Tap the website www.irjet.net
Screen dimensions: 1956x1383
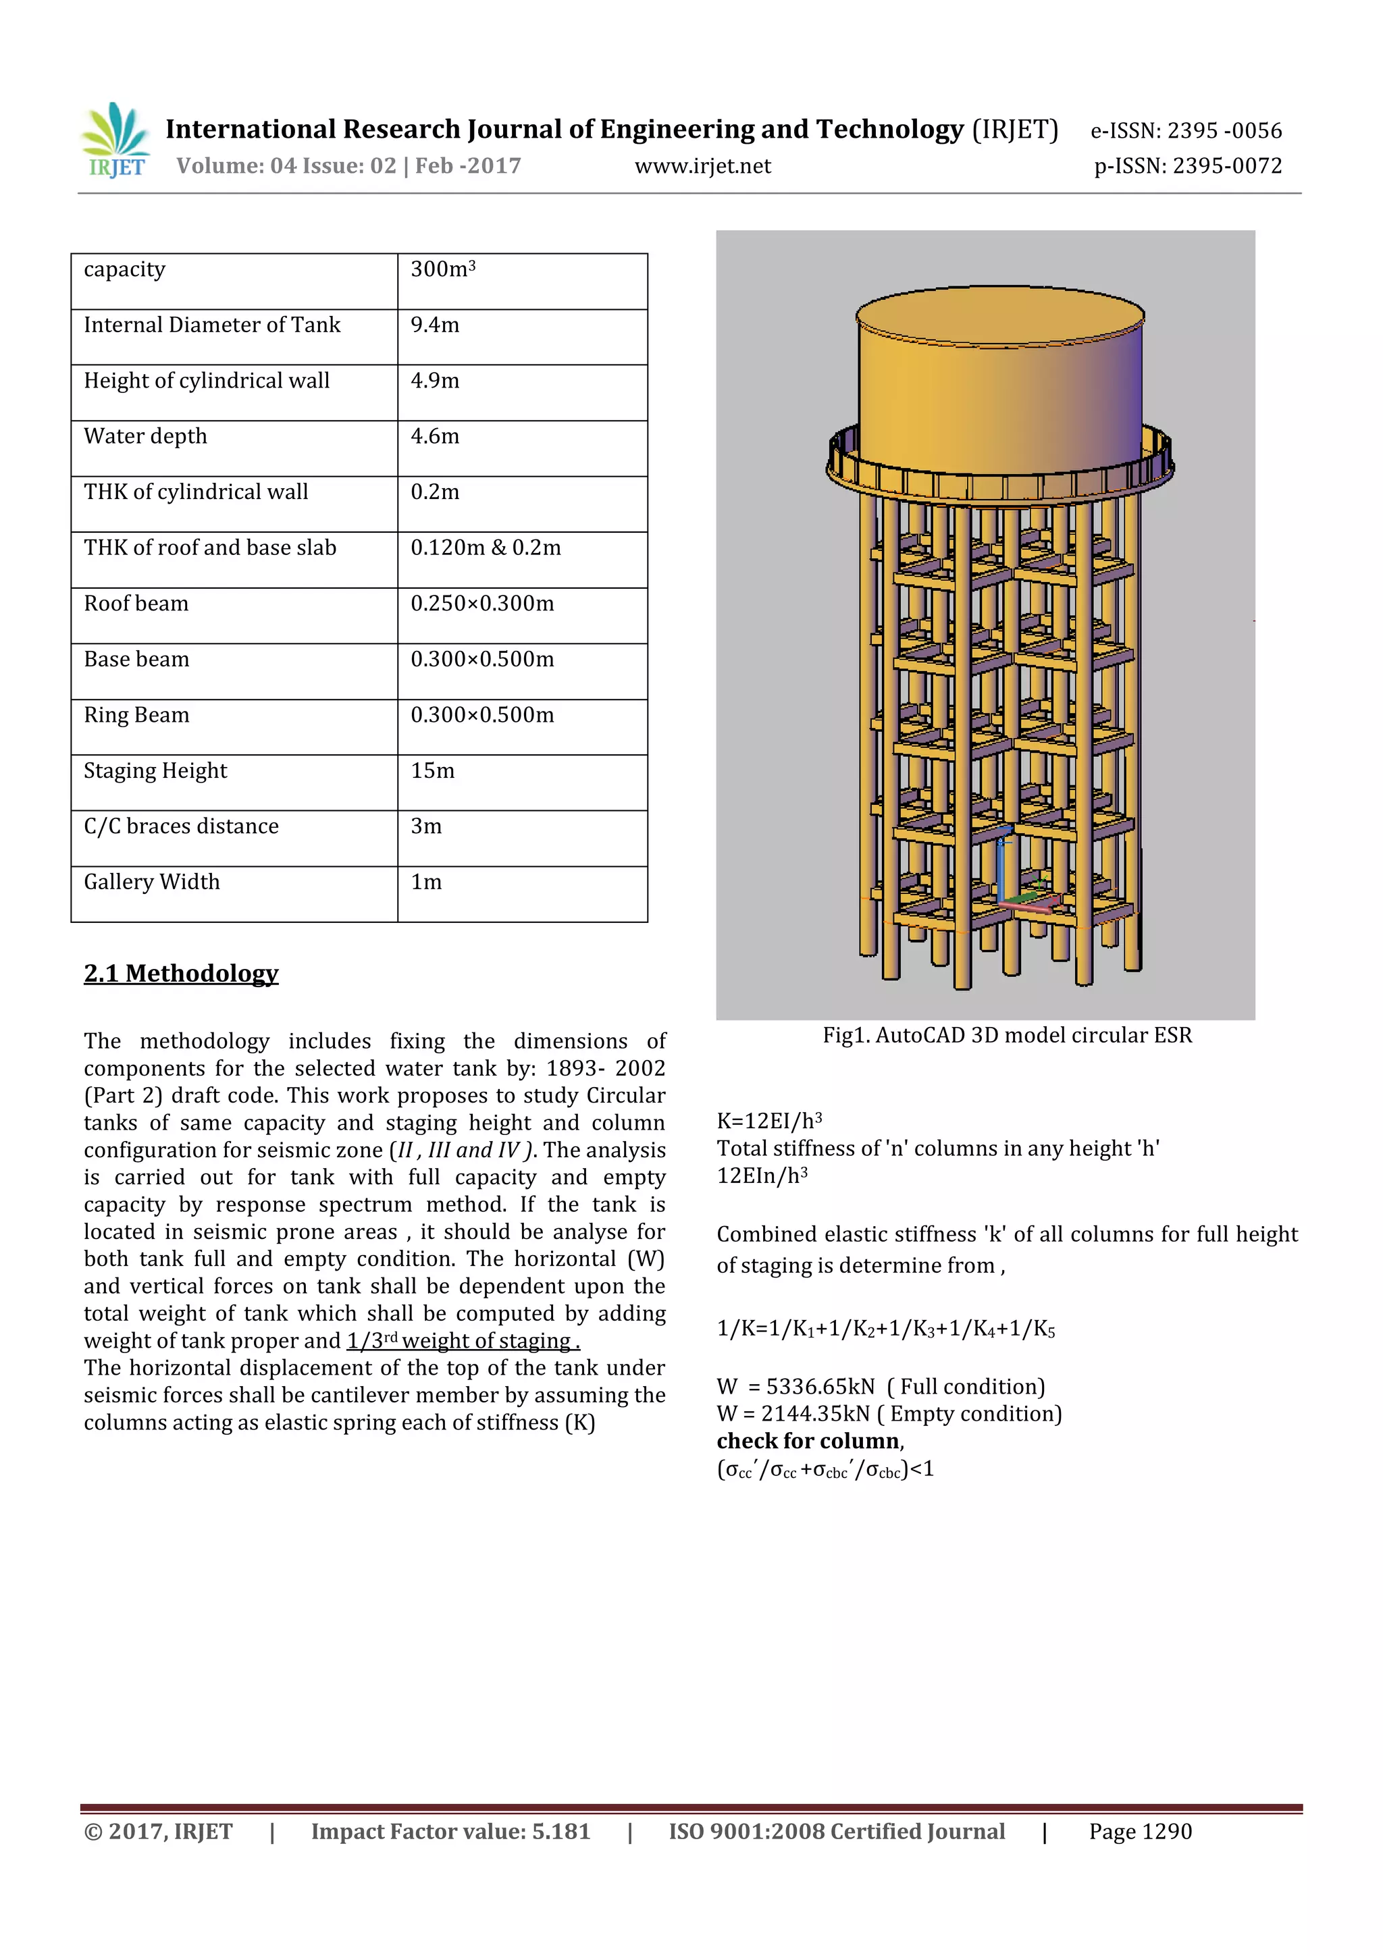coord(702,166)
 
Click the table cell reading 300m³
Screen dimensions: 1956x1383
coord(443,269)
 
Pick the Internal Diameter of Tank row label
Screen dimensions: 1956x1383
coord(212,325)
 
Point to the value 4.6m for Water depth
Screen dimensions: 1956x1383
coord(435,436)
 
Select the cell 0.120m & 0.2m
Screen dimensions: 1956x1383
coord(486,548)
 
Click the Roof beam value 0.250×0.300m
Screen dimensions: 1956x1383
coord(482,603)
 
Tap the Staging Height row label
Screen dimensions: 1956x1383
coord(155,771)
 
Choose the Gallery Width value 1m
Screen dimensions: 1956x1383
coord(426,882)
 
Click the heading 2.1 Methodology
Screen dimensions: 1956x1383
coord(181,973)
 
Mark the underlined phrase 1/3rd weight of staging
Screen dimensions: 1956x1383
coord(463,1341)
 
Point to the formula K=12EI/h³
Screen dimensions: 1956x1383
coord(768,1121)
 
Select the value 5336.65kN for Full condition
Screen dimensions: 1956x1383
coord(820,1387)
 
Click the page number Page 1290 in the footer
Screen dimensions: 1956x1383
coord(1139,1832)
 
